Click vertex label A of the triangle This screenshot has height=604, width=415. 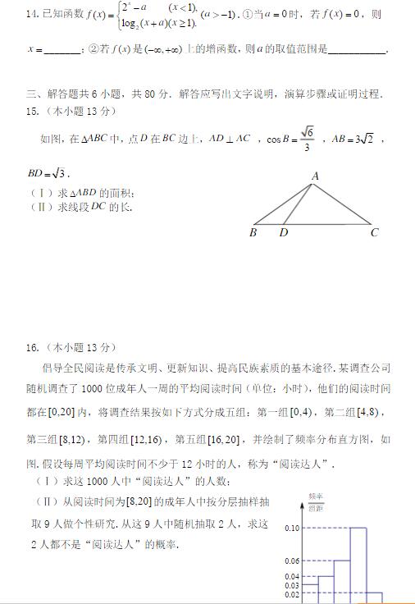pyautogui.click(x=315, y=176)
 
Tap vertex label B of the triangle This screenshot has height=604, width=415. pyautogui.click(x=253, y=232)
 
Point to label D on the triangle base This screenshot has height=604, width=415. pyautogui.click(x=283, y=232)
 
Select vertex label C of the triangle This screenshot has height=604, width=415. pyautogui.click(x=374, y=232)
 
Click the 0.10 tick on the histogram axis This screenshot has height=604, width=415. pyautogui.click(x=293, y=528)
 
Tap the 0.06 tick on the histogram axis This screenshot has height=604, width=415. pyautogui.click(x=293, y=561)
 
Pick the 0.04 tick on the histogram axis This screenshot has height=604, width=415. pyautogui.click(x=293, y=577)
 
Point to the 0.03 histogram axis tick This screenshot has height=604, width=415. pyautogui.click(x=293, y=585)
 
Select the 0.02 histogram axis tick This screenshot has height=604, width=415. pyautogui.click(x=293, y=594)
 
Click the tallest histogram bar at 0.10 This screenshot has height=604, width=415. pyautogui.click(x=358, y=566)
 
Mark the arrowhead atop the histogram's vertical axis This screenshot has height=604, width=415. pyautogui.click(x=309, y=515)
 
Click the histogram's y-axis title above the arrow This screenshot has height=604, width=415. pyautogui.click(x=316, y=502)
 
